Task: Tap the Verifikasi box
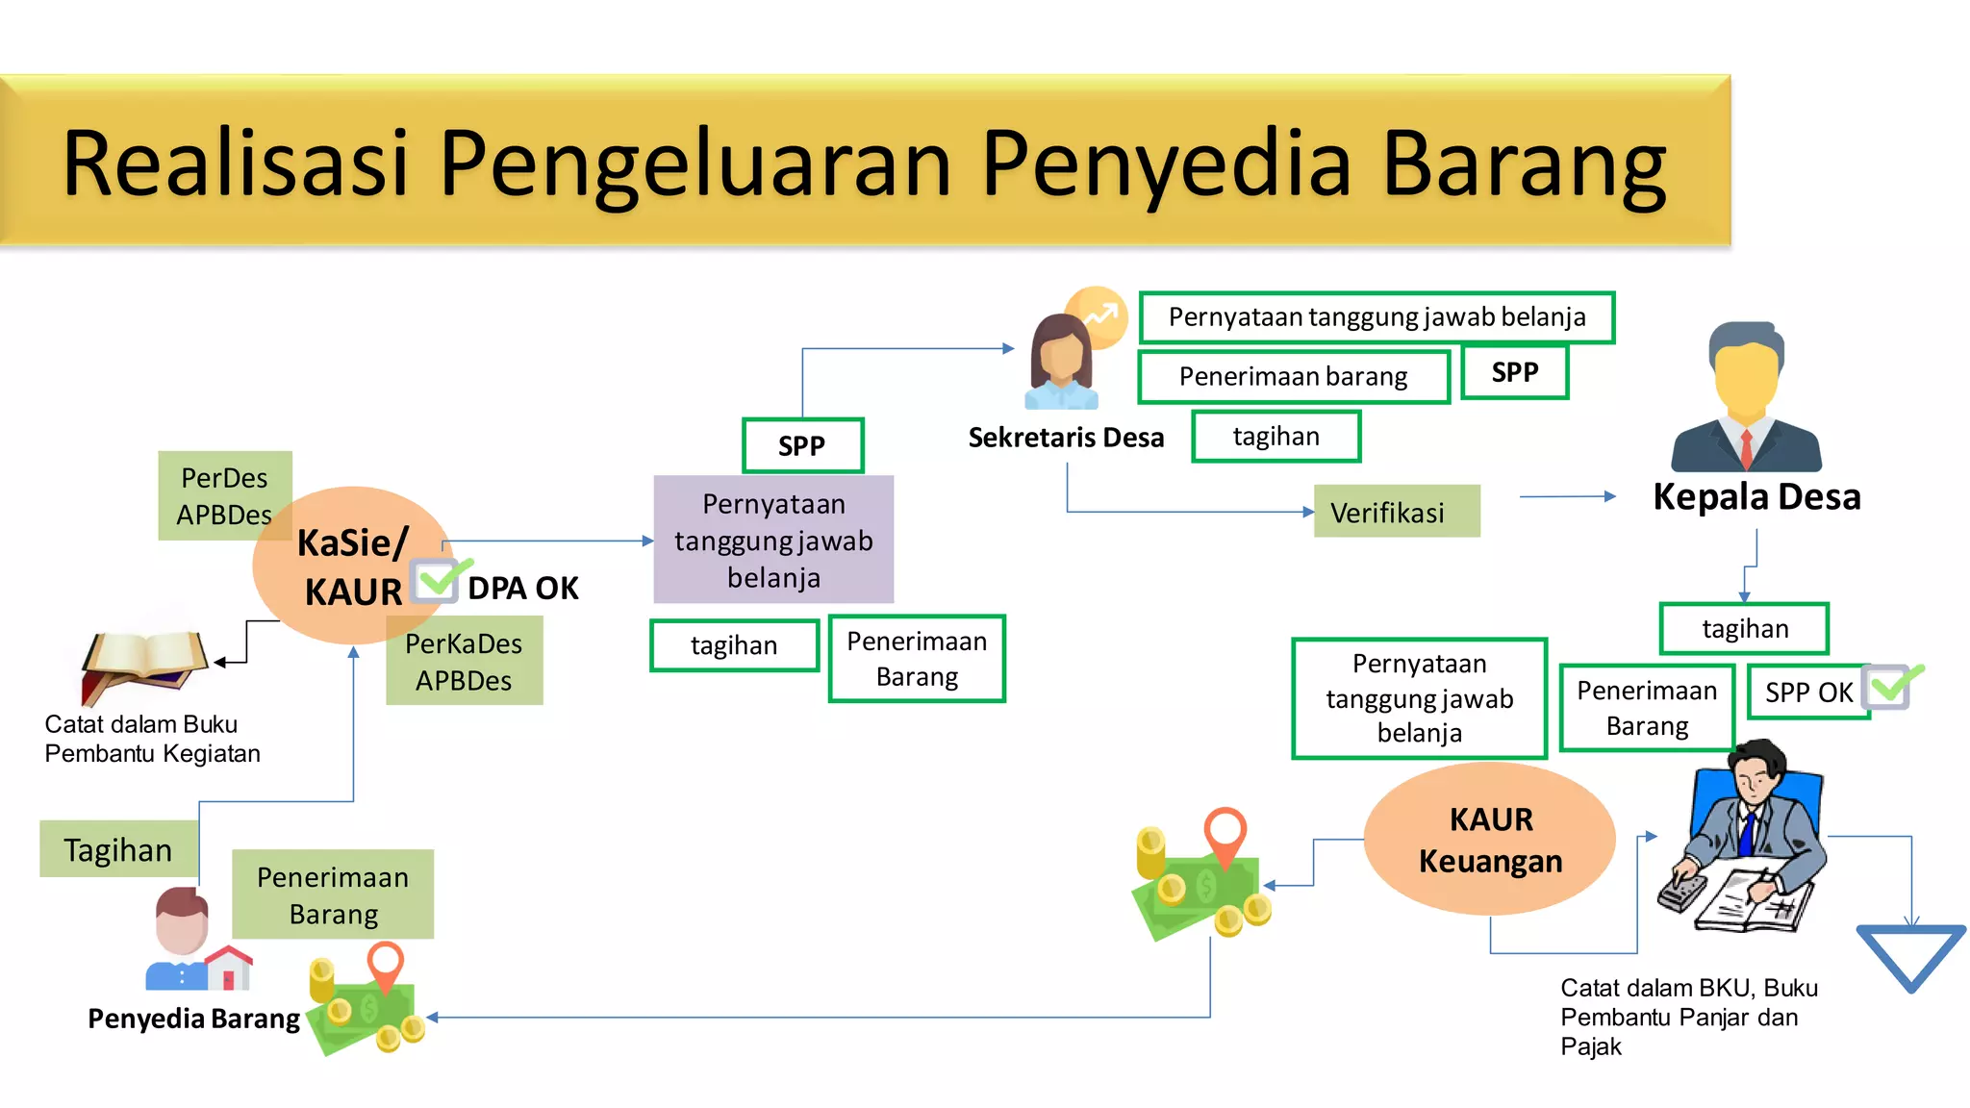[x=1396, y=512]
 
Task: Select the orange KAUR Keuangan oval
[x=1489, y=839]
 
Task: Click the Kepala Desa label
[x=1756, y=497]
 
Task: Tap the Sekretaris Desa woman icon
[x=1061, y=361]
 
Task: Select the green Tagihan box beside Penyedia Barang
[x=118, y=849]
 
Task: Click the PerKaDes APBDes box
[x=464, y=662]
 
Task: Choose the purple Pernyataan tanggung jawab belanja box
[x=773, y=541]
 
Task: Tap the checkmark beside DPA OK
[x=438, y=579]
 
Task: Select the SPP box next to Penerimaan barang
[x=1514, y=372]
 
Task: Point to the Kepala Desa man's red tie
[x=1746, y=447]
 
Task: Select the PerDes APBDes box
[x=224, y=495]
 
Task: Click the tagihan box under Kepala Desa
[x=1744, y=628]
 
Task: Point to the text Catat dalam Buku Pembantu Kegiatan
[x=152, y=739]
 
